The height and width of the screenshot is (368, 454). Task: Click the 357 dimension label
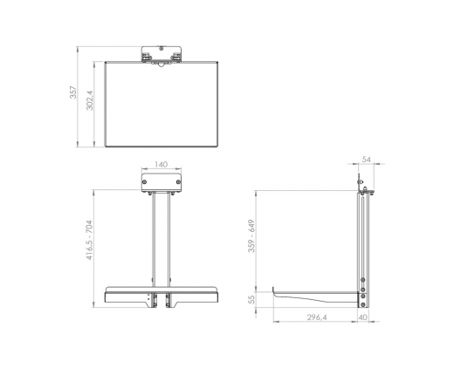point(73,92)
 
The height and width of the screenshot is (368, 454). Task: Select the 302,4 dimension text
point(90,100)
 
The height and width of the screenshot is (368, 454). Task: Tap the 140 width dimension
point(161,165)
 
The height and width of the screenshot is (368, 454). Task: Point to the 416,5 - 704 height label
point(89,240)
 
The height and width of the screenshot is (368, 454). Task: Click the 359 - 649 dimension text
point(251,236)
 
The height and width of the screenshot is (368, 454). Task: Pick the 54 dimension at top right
point(367,160)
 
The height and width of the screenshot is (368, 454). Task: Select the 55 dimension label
point(252,299)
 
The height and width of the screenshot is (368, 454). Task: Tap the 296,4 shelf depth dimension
point(317,317)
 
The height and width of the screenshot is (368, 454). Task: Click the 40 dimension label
point(363,317)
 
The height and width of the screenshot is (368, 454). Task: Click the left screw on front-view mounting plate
point(145,182)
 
